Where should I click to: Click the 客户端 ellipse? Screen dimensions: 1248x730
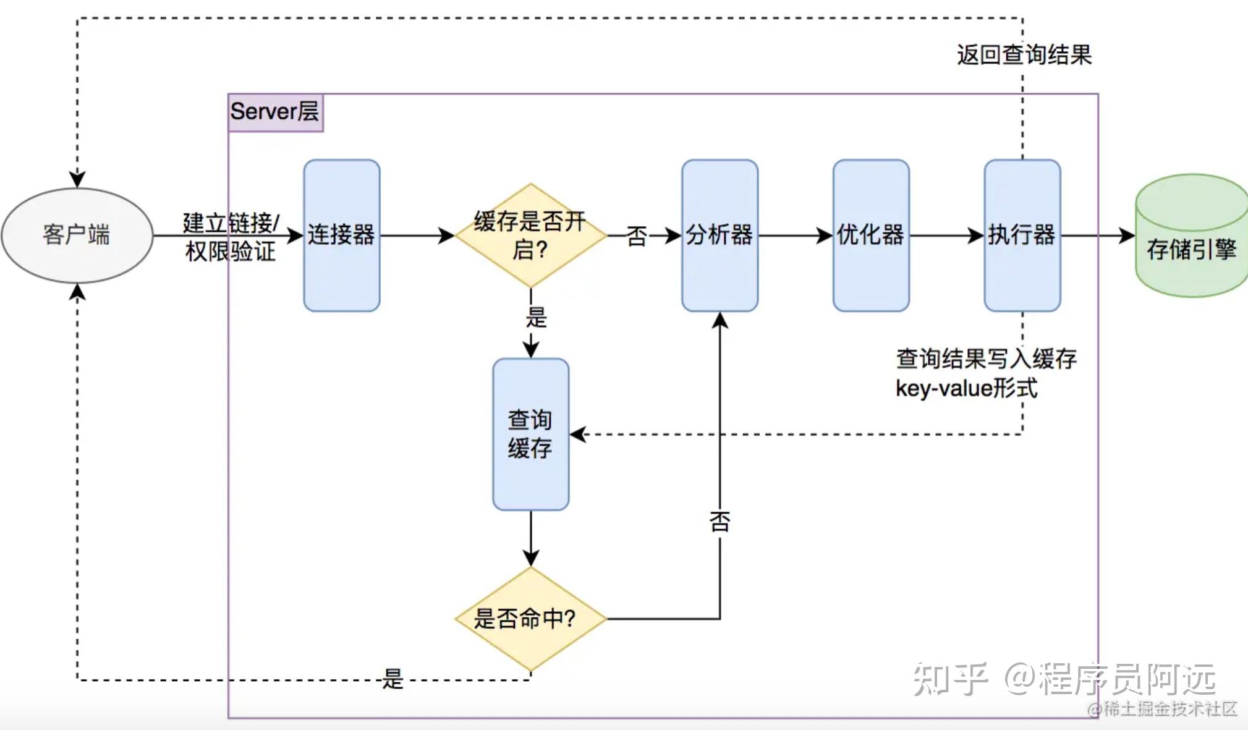tap(77, 236)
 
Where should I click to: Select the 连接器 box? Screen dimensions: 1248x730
tap(342, 236)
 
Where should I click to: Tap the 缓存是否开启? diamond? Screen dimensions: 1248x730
tap(531, 236)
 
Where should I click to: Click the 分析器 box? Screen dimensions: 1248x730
tap(720, 236)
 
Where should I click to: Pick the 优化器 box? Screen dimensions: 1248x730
tap(871, 236)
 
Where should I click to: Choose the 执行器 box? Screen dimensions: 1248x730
tap(1022, 236)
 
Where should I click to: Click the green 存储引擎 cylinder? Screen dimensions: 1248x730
tap(1192, 236)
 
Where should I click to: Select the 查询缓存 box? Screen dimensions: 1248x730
tap(531, 435)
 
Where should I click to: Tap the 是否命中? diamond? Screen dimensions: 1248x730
tap(531, 619)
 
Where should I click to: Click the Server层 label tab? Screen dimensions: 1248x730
tap(276, 112)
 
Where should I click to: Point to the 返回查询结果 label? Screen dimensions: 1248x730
tap(1024, 54)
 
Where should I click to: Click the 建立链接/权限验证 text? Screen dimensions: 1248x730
tap(231, 237)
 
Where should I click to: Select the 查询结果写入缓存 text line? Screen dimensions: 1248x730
tap(987, 359)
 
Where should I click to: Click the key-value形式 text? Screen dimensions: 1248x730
tap(966, 388)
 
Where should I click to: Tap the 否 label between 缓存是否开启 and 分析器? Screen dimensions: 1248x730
tap(637, 236)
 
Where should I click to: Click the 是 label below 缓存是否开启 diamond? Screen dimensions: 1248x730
tap(537, 318)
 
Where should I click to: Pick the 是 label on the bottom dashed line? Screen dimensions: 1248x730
tap(393, 679)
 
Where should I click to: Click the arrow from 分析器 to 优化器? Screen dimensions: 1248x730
tap(796, 236)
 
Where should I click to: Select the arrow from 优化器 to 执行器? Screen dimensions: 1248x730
tap(947, 236)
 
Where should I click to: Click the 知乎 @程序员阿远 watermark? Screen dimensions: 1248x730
tap(1065, 679)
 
